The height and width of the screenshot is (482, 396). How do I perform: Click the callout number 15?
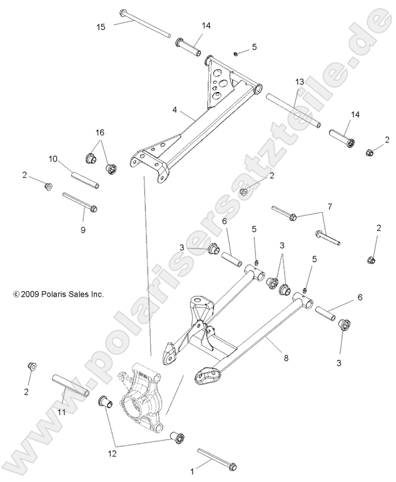click(101, 26)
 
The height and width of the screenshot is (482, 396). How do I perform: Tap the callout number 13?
click(299, 82)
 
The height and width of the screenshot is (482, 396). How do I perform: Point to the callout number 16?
click(99, 133)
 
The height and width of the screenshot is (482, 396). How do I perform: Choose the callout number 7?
click(329, 206)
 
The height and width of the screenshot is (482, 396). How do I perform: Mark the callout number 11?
click(61, 413)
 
